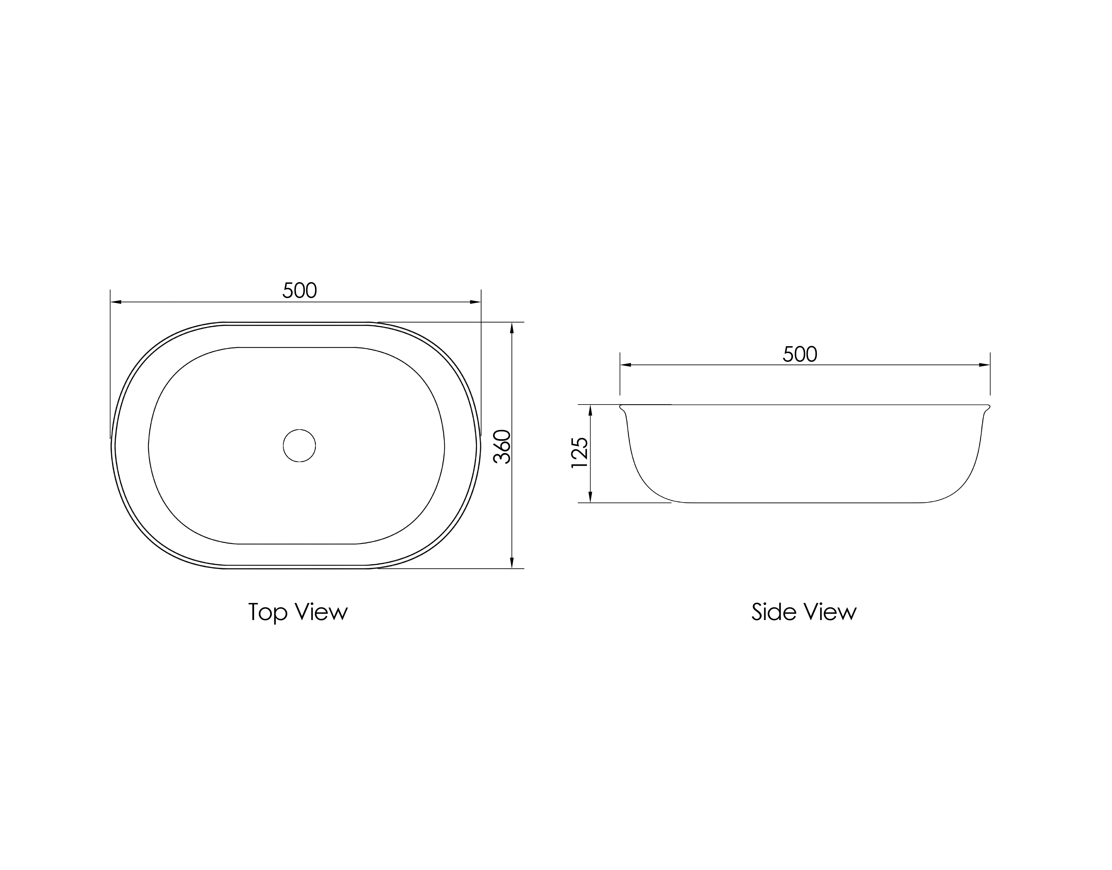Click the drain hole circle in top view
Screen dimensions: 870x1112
299,446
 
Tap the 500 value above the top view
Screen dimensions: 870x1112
299,291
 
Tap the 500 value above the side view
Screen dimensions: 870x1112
800,354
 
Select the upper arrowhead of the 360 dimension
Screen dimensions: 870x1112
512,327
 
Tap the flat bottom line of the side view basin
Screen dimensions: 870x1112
804,503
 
